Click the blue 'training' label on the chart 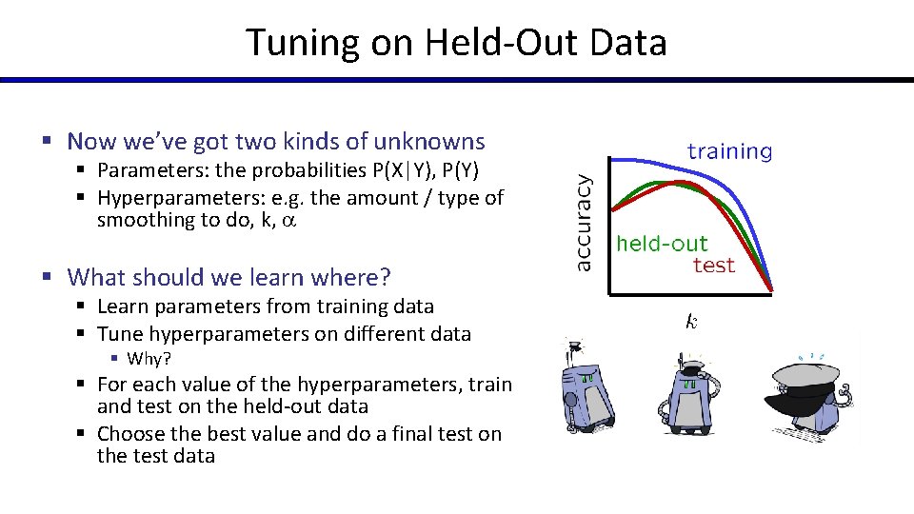click(729, 150)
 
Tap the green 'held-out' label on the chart click(662, 244)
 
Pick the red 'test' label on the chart click(713, 266)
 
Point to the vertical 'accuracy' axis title click(584, 220)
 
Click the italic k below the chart click(691, 323)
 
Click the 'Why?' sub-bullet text click(148, 359)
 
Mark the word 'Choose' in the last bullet click(129, 433)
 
